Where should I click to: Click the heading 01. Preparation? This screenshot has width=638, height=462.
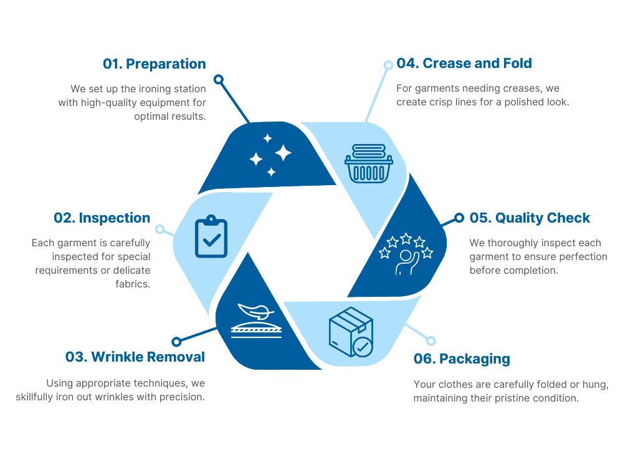click(x=155, y=64)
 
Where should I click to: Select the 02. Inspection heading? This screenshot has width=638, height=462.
click(x=102, y=218)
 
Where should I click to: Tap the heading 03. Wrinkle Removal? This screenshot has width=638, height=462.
click(x=135, y=357)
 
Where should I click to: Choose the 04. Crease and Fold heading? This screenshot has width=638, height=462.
click(x=464, y=64)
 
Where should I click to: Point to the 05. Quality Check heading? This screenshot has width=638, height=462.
click(x=530, y=218)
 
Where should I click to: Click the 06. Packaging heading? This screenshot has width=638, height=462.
click(x=462, y=359)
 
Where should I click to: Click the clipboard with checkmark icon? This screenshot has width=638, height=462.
click(x=211, y=236)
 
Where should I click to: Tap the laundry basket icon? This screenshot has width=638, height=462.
click(x=369, y=163)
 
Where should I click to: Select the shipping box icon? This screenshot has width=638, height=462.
click(x=351, y=332)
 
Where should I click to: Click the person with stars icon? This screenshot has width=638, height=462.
click(x=406, y=254)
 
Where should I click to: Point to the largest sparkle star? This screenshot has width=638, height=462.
click(x=283, y=153)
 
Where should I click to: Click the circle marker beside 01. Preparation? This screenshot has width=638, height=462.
click(x=219, y=79)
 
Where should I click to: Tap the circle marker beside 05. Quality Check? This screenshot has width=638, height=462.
click(x=459, y=218)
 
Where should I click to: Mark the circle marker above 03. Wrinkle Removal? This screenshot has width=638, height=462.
click(x=176, y=342)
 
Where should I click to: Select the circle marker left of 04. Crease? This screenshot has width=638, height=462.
click(x=388, y=65)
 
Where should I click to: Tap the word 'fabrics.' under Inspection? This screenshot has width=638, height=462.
click(x=133, y=284)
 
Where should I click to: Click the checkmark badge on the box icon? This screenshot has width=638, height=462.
click(x=362, y=347)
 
